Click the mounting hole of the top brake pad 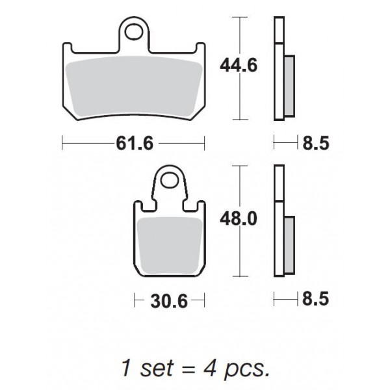click(x=135, y=31)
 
